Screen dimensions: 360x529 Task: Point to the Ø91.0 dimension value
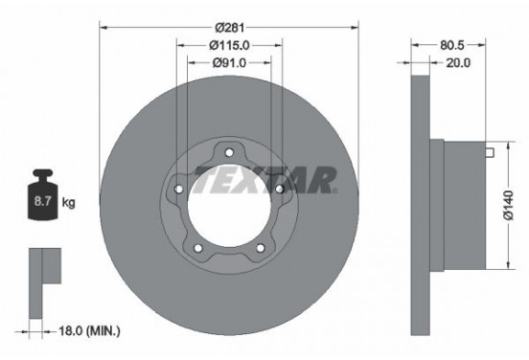tap(228, 64)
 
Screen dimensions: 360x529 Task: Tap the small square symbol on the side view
tap(489, 151)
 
